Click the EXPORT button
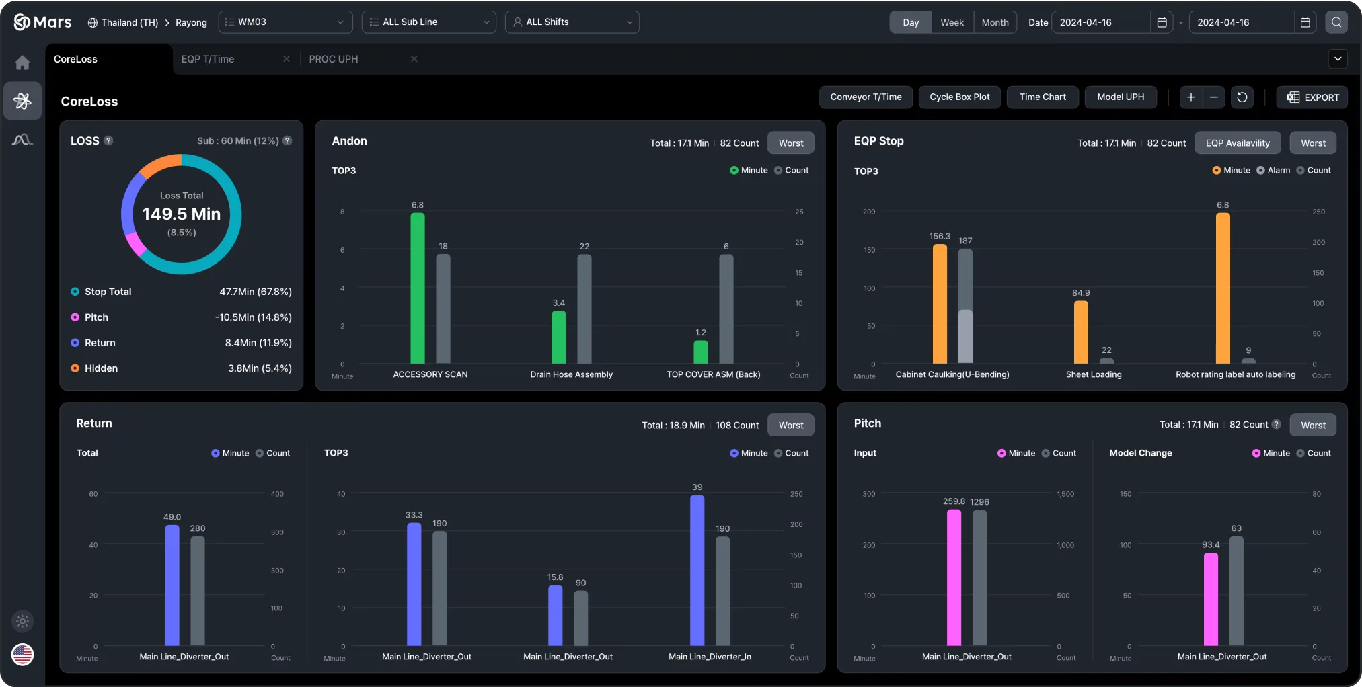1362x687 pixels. (1312, 97)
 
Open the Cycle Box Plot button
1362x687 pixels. (959, 97)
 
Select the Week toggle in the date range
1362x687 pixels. (952, 22)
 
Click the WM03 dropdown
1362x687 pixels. (285, 22)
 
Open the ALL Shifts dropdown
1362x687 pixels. (572, 22)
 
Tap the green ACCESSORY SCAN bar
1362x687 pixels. (418, 289)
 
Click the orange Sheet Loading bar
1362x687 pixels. (1081, 333)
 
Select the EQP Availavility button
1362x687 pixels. (1237, 143)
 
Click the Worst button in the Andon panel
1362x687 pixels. (791, 143)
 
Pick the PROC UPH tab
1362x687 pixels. (334, 59)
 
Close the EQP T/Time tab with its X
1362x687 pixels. (287, 59)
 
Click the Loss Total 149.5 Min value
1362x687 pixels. (182, 214)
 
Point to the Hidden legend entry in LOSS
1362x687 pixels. (101, 368)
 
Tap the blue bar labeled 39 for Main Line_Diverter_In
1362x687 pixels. (697, 571)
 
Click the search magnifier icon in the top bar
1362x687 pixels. (1336, 22)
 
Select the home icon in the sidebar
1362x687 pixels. (22, 63)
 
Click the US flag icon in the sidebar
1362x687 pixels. (22, 654)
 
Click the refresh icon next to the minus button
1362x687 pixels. (1242, 97)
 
